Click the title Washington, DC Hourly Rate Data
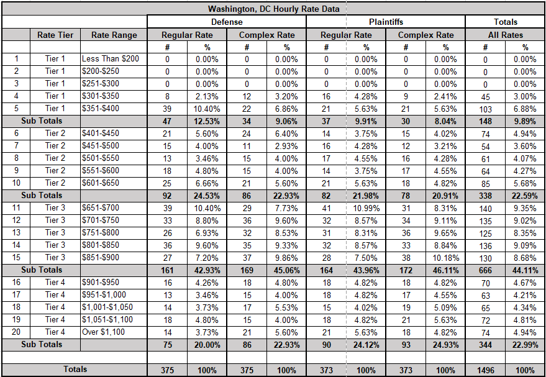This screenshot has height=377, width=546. [273, 9]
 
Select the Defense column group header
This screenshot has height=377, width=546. [227, 22]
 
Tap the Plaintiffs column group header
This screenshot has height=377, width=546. [386, 22]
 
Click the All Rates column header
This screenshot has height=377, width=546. [505, 35]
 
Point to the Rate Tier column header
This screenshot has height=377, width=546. [55, 35]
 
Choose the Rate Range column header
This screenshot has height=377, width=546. [114, 35]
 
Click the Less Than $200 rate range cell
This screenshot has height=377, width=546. [111, 59]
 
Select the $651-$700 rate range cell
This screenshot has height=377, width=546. [101, 207]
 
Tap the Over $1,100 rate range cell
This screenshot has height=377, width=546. [104, 332]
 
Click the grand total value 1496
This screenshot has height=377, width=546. [485, 370]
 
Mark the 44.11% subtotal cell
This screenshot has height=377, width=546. [525, 270]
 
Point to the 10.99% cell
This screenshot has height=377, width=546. [366, 207]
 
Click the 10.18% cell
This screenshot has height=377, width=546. [445, 257]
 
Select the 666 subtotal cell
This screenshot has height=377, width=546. [485, 270]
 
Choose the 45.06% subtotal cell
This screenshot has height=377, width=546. [286, 270]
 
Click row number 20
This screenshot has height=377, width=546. [17, 332]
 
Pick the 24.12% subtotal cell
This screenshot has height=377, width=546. [366, 345]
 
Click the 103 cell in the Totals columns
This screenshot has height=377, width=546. [485, 109]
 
